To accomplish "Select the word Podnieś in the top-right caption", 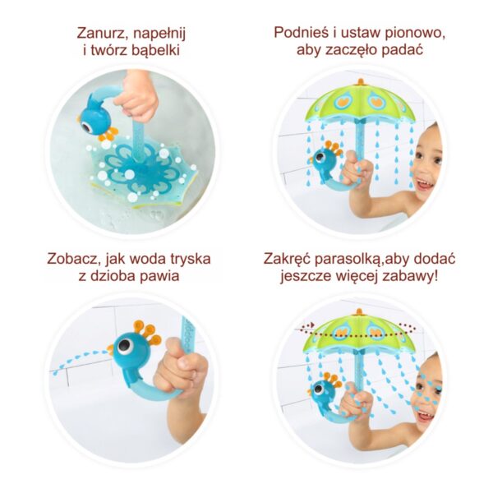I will click(303, 35).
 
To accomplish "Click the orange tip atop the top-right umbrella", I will click(359, 81).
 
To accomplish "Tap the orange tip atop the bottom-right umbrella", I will click(359, 311).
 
